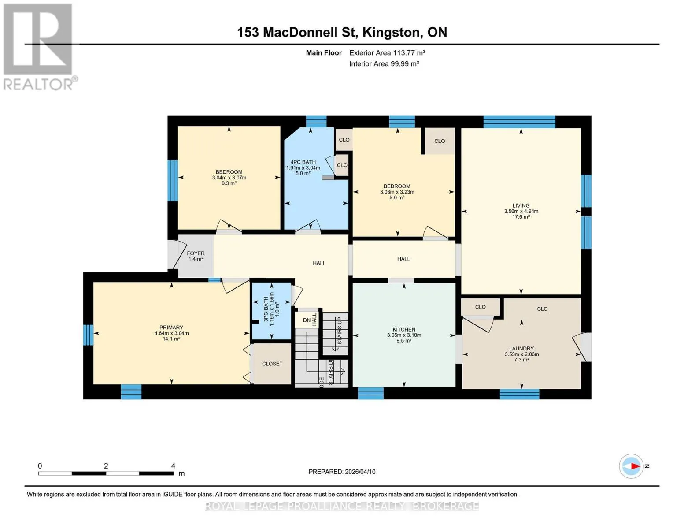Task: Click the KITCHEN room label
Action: (x=404, y=329)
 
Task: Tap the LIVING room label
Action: (x=521, y=205)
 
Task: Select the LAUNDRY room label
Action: (x=521, y=348)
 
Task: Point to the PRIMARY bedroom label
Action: (x=171, y=328)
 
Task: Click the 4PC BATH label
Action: (x=303, y=162)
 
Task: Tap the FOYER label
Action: (x=196, y=253)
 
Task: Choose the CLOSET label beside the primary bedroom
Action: (x=272, y=364)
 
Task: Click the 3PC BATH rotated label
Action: (x=266, y=309)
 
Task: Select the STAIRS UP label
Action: (x=340, y=331)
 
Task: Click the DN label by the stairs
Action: (x=307, y=320)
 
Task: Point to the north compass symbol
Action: (x=631, y=466)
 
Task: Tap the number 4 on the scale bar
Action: (x=173, y=466)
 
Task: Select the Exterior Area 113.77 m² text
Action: (x=387, y=52)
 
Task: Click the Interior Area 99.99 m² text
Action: (x=384, y=63)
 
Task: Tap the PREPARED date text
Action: (x=342, y=472)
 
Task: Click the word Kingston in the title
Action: (x=391, y=33)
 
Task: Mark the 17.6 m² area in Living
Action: (x=521, y=217)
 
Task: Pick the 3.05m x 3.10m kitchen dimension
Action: (x=404, y=335)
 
